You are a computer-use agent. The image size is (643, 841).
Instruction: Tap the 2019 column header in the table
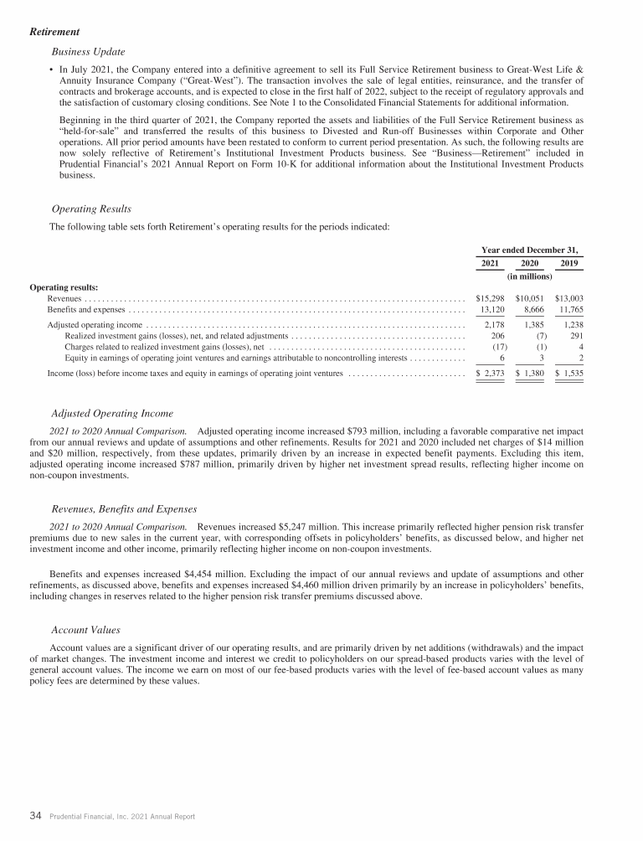click(570, 264)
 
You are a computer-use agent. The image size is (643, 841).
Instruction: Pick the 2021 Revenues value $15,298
click(489, 298)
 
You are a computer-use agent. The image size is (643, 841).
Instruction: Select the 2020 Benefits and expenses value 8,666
click(530, 309)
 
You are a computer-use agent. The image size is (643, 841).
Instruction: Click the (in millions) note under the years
click(530, 276)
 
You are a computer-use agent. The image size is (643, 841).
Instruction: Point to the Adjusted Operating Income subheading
click(112, 413)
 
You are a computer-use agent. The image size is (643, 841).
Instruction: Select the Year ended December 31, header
click(530, 249)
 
